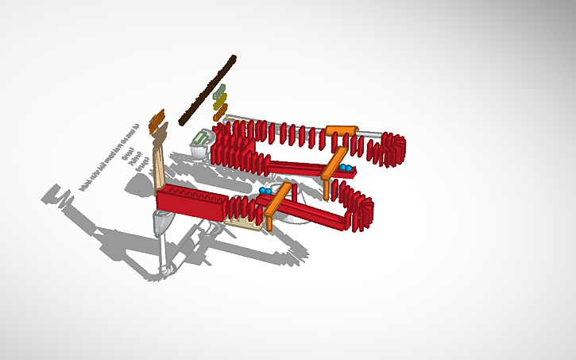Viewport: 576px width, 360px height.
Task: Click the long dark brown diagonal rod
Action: (207, 90)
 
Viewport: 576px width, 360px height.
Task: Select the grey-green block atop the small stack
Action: (220, 90)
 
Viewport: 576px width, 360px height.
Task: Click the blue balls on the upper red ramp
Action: (346, 168)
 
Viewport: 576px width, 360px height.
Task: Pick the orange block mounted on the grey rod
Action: (341, 130)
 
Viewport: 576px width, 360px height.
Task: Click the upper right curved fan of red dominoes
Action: (392, 149)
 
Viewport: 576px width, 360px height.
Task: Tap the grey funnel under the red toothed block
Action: (161, 225)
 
